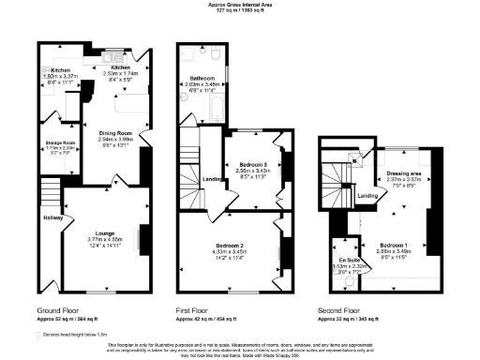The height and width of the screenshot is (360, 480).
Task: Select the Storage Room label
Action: tap(60, 142)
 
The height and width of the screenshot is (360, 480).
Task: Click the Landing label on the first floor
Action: tap(213, 179)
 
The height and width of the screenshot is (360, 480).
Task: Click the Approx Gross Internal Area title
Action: tap(240, 5)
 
